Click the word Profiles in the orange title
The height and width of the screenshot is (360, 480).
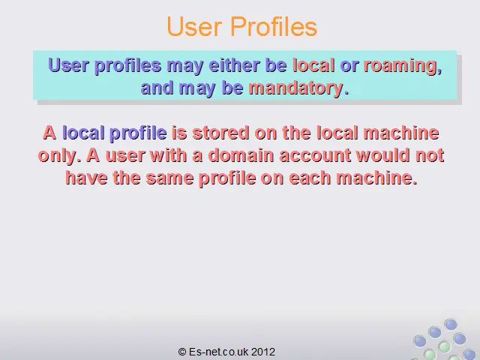[x=273, y=26]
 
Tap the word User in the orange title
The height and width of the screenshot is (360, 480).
[x=194, y=27]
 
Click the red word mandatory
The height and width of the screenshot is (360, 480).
[x=295, y=88]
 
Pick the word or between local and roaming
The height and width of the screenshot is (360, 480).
[x=349, y=66]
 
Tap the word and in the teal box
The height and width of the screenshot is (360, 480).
[x=157, y=88]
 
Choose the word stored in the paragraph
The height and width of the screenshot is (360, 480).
[x=220, y=133]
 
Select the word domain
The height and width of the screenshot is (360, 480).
[x=241, y=155]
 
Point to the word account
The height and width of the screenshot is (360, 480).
[x=315, y=155]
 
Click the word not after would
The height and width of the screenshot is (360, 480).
[x=430, y=155]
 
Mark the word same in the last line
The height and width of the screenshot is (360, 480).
[x=169, y=178]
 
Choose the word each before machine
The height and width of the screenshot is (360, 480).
[x=310, y=178]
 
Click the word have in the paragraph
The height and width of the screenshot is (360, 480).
[x=86, y=178]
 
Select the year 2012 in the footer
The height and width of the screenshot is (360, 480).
[x=263, y=352]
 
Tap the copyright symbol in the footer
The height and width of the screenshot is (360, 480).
[x=182, y=352]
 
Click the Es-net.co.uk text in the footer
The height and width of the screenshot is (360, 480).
[x=219, y=352]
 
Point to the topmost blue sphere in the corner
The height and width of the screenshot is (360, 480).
[x=451, y=325]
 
